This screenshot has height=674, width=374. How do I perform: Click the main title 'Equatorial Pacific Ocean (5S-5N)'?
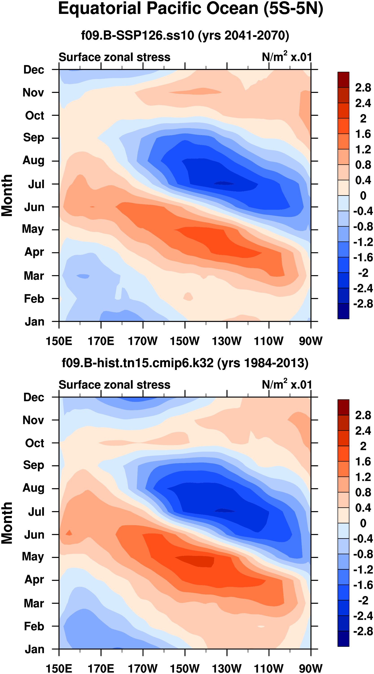[x=190, y=9]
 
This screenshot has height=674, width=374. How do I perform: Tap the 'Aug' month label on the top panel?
[x=33, y=160]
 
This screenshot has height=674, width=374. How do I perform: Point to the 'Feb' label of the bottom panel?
[x=34, y=626]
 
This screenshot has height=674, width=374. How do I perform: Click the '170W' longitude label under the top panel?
[x=143, y=341]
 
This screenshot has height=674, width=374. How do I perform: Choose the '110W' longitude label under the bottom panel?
[x=269, y=668]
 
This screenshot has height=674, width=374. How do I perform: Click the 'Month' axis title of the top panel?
[x=7, y=195]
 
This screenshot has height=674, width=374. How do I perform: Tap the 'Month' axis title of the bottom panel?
[x=7, y=523]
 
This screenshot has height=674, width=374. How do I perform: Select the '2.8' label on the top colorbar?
[x=363, y=88]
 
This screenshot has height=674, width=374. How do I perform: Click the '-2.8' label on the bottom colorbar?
[x=363, y=631]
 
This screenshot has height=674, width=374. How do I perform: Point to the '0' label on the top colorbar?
[x=363, y=195]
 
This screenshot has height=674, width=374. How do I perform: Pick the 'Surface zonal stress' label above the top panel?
[x=114, y=57]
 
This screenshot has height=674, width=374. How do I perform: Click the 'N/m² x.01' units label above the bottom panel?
[x=287, y=384]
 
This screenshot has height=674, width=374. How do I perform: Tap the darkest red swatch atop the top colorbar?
[x=343, y=80]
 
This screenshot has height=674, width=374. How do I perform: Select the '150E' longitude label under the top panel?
[x=59, y=341]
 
